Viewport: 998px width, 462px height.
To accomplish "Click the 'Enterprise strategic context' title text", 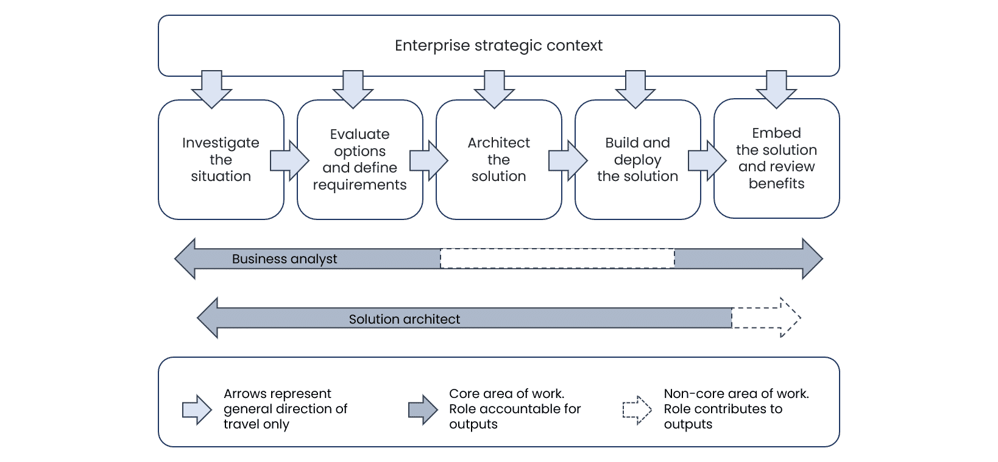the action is point(498,46).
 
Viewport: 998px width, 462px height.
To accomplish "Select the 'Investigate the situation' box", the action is point(221,160).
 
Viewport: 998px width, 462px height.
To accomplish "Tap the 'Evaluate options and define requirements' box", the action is point(360,160).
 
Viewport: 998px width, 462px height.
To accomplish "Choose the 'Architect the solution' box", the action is point(498,160).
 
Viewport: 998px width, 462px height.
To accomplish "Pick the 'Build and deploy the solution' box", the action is point(637,160).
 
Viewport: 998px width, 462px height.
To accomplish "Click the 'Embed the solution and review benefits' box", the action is point(777,158).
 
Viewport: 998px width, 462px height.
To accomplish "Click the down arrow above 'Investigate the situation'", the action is point(211,89).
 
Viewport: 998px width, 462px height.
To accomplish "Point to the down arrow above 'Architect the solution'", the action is point(494,89).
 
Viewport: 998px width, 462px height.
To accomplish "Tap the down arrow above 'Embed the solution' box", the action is point(776,89).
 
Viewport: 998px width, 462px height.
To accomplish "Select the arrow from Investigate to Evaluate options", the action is point(289,160).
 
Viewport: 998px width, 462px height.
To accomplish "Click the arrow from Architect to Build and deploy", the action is point(568,160).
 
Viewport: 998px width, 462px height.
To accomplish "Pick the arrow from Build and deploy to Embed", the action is point(707,160).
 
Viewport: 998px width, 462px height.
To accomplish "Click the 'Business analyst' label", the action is point(285,259).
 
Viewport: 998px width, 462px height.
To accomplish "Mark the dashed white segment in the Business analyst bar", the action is point(557,258).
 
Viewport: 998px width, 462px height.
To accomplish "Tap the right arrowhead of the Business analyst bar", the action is point(812,258).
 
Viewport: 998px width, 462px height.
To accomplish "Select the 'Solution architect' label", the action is point(404,319).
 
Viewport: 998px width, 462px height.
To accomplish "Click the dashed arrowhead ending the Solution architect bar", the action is point(790,318).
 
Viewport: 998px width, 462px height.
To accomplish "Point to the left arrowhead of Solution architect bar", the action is point(208,318).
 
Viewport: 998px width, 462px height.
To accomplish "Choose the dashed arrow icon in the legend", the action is point(637,410).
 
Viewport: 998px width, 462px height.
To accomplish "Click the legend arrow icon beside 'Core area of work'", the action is point(423,410).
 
